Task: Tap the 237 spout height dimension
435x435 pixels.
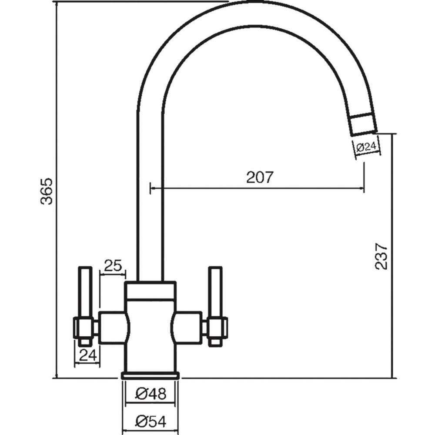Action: coord(381,256)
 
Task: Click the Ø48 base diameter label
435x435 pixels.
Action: coord(151,394)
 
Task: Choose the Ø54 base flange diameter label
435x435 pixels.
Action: coord(151,421)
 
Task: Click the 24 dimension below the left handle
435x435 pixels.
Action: coord(87,355)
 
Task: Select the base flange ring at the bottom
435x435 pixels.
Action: coord(151,375)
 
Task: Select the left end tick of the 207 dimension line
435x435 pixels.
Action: coord(150,188)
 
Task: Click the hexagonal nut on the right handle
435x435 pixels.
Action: coord(216,328)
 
